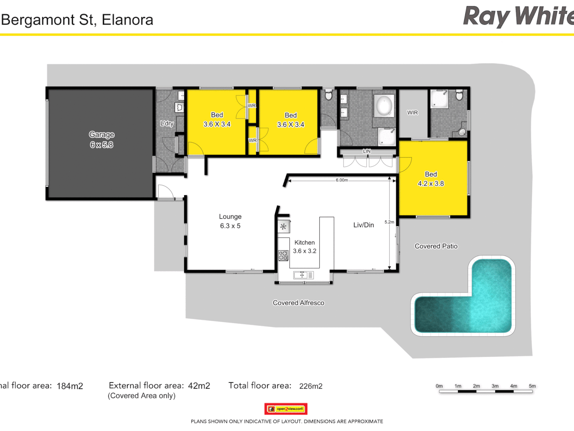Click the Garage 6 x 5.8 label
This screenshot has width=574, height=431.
102,140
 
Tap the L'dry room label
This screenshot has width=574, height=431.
167,123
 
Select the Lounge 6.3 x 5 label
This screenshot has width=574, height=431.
230,221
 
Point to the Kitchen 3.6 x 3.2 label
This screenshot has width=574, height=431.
305,247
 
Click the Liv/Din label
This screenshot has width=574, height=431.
364,225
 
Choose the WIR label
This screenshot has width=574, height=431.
413,113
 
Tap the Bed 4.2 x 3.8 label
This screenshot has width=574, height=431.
431,179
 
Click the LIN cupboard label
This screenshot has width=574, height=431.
367,151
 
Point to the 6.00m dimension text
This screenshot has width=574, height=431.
342,180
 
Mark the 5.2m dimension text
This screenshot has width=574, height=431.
389,222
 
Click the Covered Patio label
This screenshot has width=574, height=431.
436,246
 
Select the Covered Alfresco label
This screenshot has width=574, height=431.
299,303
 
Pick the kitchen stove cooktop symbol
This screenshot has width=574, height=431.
283,255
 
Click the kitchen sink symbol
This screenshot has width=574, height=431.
303,275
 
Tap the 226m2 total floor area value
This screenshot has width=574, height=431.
311,386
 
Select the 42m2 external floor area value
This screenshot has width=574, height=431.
199,386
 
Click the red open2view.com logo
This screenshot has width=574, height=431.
286,409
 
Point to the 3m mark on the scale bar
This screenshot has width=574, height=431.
495,386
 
